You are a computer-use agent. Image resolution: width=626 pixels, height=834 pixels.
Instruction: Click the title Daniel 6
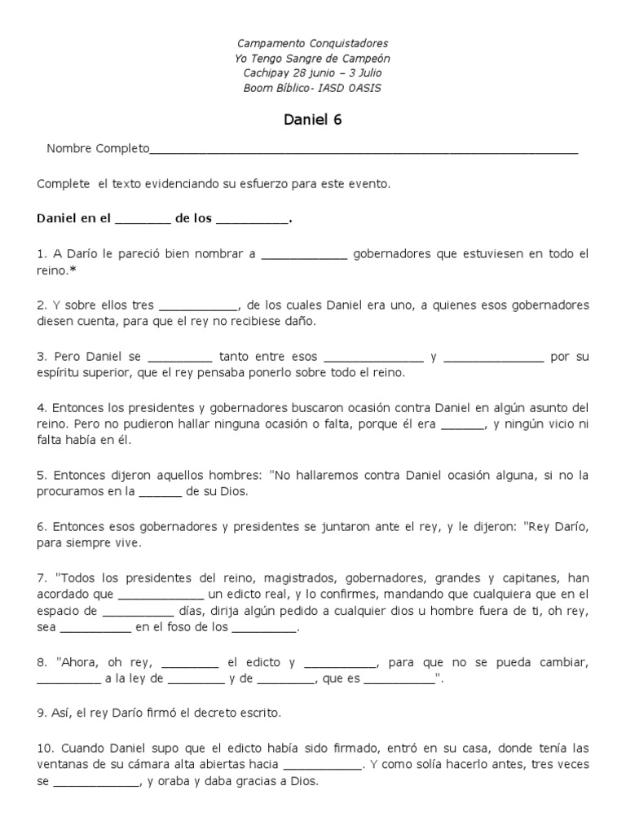[x=313, y=120]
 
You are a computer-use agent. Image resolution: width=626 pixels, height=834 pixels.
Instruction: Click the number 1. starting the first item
[x=42, y=254]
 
